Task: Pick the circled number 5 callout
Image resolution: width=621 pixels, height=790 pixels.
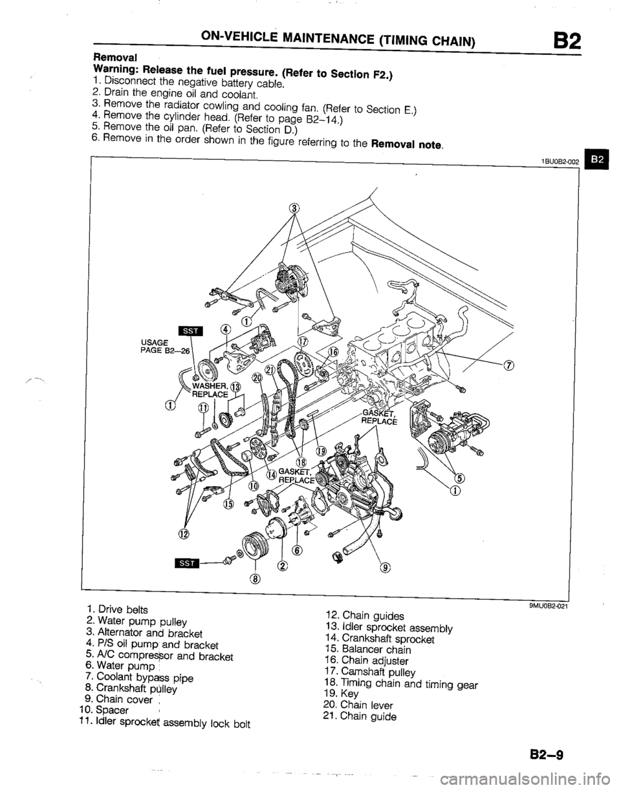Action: point(460,478)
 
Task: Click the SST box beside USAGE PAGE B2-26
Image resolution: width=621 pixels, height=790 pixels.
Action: point(191,331)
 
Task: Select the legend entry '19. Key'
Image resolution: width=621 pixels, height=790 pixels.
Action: point(340,692)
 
